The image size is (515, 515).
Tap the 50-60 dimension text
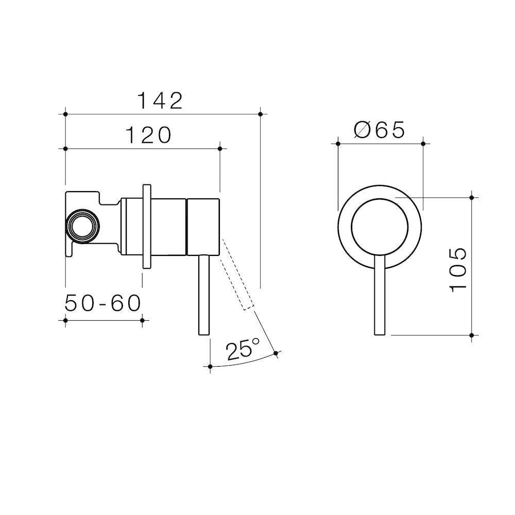tap(103, 303)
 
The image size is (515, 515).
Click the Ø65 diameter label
tap(380, 130)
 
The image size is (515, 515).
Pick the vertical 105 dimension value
tap(458, 269)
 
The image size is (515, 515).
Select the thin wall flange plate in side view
tap(147, 226)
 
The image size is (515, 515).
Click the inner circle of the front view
tap(380, 227)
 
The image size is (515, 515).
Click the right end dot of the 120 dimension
tap(220, 149)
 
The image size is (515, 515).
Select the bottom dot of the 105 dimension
tap(472, 335)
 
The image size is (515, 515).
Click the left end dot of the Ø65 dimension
tap(337, 144)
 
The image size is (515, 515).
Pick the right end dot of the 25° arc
tap(276, 353)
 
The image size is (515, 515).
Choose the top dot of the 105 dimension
tap(472, 196)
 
